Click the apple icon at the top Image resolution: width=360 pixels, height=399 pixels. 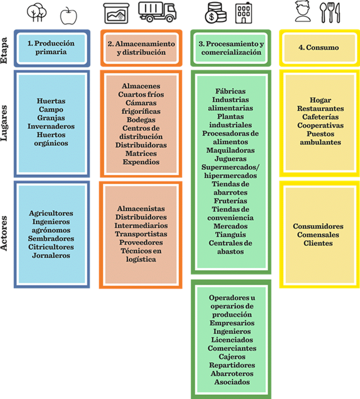[x=69, y=16]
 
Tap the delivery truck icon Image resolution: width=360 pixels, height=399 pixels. [x=157, y=12]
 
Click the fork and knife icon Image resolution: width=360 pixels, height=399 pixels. [x=330, y=13]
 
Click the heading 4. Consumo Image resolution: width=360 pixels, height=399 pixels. [x=318, y=48]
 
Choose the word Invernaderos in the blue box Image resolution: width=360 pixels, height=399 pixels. [x=51, y=126]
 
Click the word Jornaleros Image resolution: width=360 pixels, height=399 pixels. [x=51, y=255]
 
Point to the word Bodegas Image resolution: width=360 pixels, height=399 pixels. [x=141, y=120]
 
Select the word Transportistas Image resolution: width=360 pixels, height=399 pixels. [x=141, y=234]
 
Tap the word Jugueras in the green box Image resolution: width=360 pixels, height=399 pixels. [x=230, y=159]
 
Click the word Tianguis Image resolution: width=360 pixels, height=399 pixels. [x=230, y=235]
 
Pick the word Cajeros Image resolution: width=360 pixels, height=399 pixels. [x=232, y=357]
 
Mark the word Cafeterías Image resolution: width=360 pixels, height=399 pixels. [x=320, y=117]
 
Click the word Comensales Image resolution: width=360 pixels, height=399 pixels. [x=318, y=235]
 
